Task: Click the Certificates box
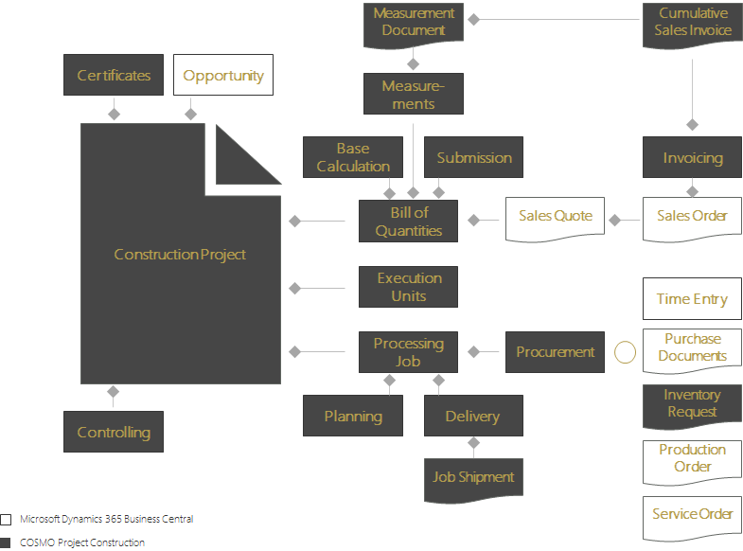pos(114,75)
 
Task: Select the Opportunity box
pos(223,75)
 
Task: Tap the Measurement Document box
pos(414,23)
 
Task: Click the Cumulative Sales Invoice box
pos(693,23)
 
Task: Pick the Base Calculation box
pos(352,157)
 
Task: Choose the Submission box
pos(474,157)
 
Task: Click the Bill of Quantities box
pos(408,222)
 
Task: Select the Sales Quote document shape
pos(555,217)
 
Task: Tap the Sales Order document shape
pos(692,217)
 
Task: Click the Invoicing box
pos(692,157)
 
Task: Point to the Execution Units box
pos(408,287)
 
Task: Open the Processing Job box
pos(408,352)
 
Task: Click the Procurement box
pos(555,352)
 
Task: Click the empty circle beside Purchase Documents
pos(626,352)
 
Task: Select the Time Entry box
pos(692,299)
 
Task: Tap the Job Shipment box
pos(473,477)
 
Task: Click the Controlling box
pos(114,432)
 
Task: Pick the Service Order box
pos(692,515)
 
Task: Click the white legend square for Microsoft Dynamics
pos(7,520)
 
